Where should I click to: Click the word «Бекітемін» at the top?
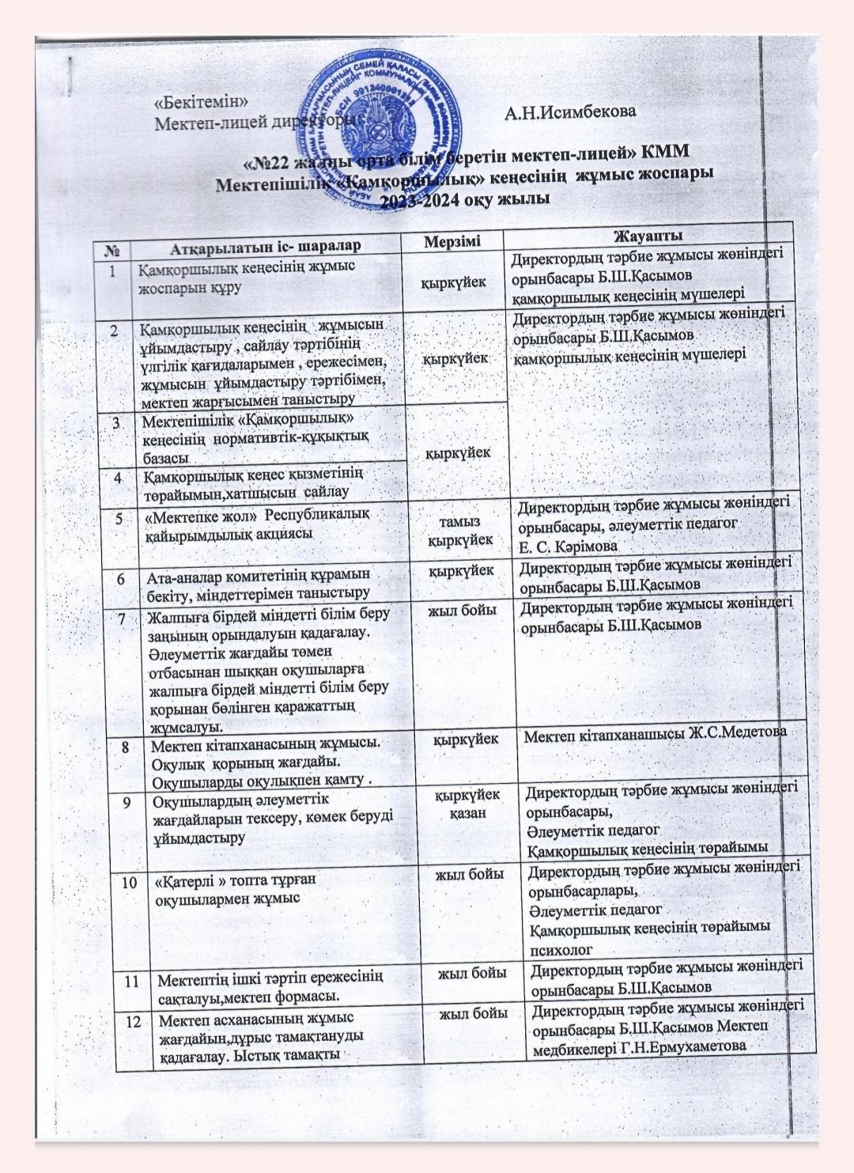(202, 102)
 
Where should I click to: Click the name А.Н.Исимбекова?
(570, 112)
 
